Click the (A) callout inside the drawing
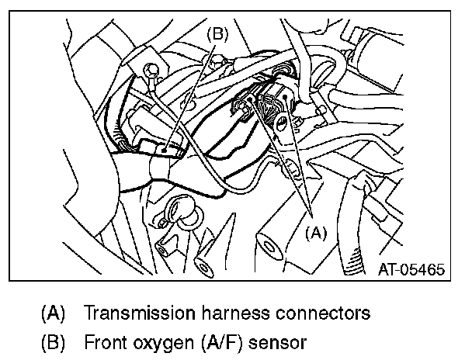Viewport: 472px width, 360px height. (316, 230)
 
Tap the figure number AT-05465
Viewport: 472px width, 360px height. (411, 271)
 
